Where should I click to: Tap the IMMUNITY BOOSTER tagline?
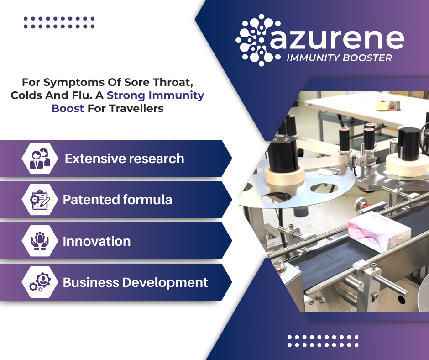(339, 58)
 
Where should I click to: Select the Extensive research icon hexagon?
(40, 159)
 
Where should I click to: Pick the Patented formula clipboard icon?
(40, 200)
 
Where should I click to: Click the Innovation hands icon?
(40, 241)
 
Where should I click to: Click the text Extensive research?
(125, 159)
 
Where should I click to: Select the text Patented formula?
(117, 200)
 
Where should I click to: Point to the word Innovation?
(97, 241)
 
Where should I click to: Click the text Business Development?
(136, 282)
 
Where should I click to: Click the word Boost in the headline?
(68, 108)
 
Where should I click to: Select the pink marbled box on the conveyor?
(379, 231)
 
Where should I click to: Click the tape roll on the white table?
(383, 106)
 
